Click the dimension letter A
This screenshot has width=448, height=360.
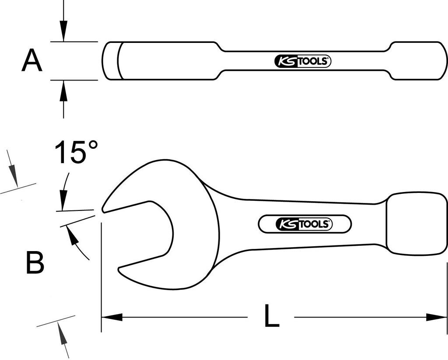click(31, 60)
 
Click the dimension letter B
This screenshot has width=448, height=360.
click(35, 262)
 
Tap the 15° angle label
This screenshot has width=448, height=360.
click(76, 152)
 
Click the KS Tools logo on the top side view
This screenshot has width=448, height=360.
click(303, 61)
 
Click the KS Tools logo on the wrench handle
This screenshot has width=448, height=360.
click(304, 224)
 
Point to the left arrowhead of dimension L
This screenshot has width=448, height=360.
click(112, 317)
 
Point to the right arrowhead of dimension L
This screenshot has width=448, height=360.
click(436, 317)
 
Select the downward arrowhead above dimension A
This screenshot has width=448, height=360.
click(63, 31)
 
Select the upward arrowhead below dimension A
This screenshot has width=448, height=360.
click(63, 91)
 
